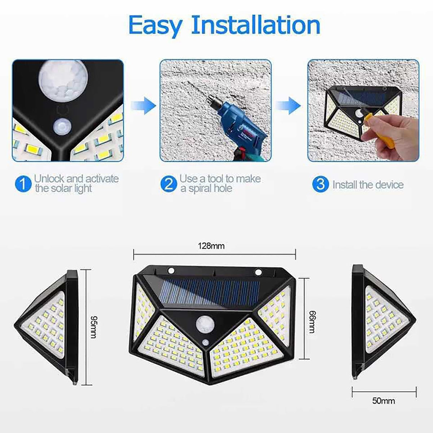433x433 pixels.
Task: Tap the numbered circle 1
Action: (23, 184)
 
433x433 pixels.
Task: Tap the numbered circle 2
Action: (169, 184)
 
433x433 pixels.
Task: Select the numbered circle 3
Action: (320, 184)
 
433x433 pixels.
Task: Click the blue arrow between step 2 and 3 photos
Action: (288, 105)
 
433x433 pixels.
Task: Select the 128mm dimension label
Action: (211, 246)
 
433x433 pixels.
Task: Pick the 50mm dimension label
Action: (384, 401)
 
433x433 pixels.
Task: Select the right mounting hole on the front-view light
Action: (258, 272)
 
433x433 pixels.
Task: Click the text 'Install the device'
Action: (368, 185)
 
